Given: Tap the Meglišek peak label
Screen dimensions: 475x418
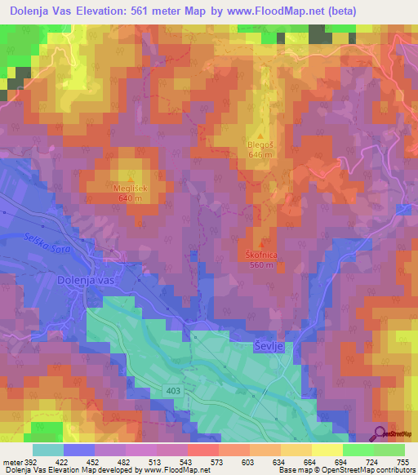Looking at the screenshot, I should [129, 186].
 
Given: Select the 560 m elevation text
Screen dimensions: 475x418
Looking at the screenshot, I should [261, 264].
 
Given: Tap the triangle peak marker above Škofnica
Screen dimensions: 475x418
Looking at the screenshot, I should [261, 244].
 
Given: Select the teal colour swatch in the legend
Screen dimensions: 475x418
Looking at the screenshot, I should [48, 450].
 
